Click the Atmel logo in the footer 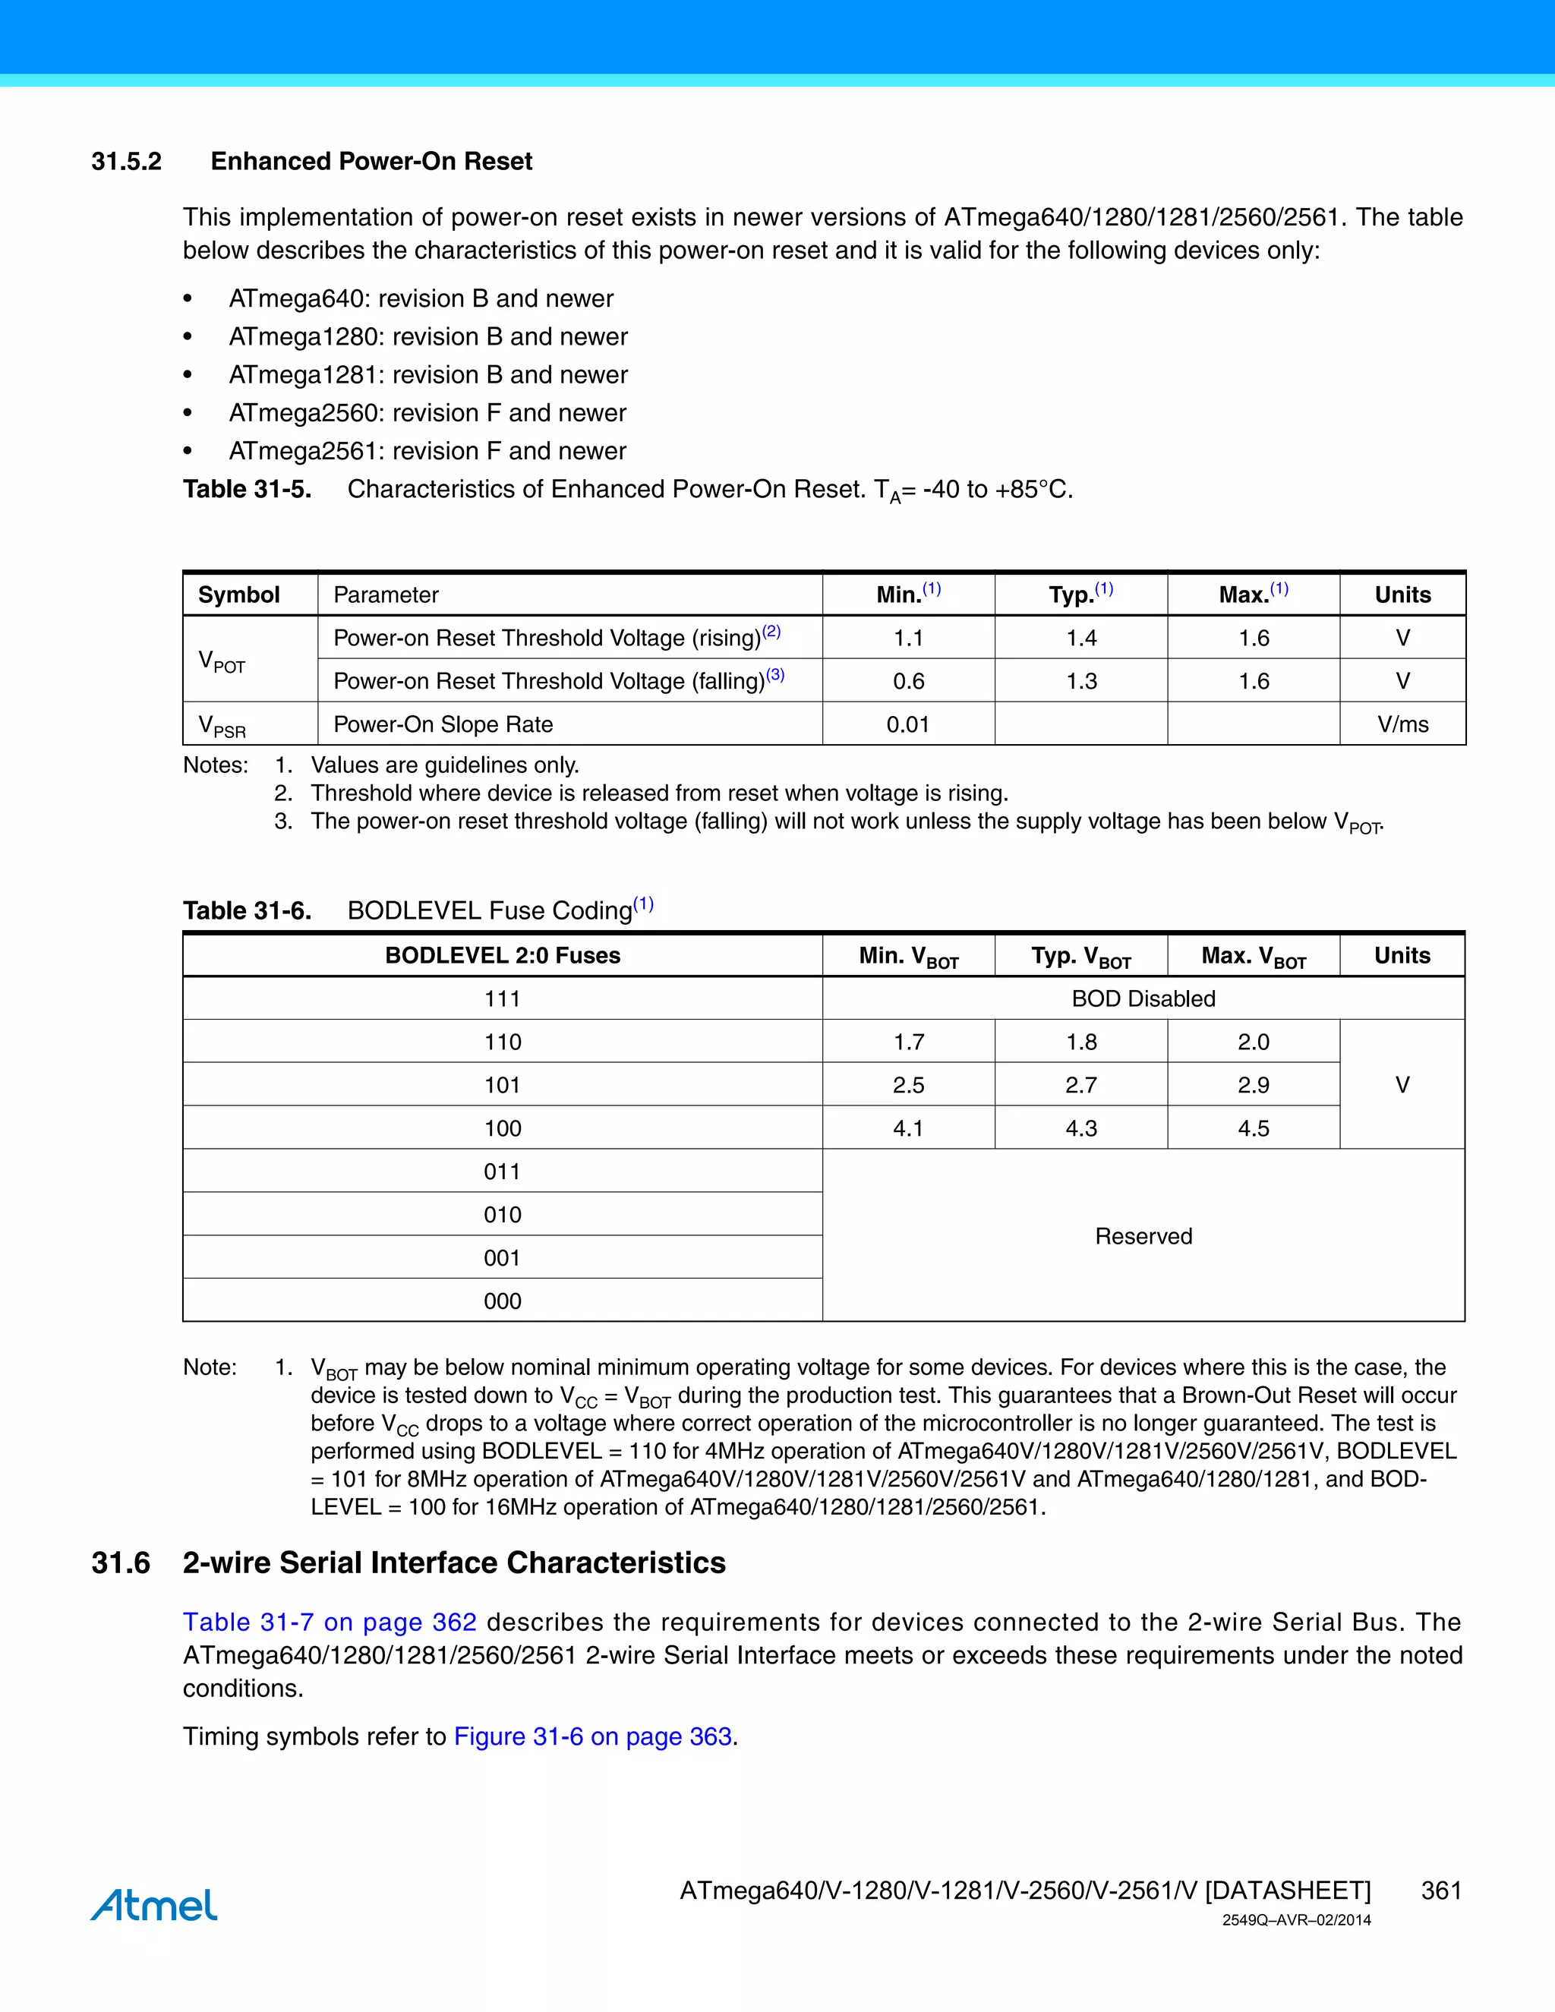(x=154, y=1905)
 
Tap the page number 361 (x=1441, y=1891)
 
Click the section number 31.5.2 (x=126, y=161)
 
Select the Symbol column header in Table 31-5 (x=238, y=595)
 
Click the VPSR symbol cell (x=222, y=726)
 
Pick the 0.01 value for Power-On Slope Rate (x=907, y=725)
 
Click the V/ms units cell (x=1402, y=725)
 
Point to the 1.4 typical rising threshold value (x=1080, y=639)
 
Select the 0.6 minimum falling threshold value (x=907, y=682)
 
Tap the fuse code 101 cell (x=502, y=1085)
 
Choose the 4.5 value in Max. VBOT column (x=1253, y=1128)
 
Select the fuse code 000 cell (x=502, y=1301)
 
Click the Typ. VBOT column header (x=1080, y=956)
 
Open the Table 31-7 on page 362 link (x=330, y=1623)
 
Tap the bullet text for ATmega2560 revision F (x=427, y=413)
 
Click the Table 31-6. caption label (x=247, y=911)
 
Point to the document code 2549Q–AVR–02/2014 (x=1296, y=1921)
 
